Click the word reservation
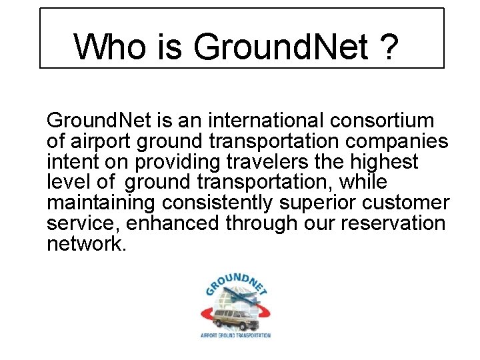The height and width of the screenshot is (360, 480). [393, 223]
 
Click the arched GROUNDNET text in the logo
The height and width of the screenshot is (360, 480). [236, 281]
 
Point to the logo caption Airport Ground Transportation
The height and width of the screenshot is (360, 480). [235, 335]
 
